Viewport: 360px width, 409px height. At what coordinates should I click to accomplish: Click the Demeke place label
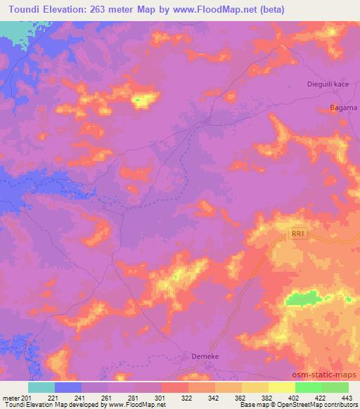205,356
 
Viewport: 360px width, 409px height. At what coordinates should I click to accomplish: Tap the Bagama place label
344,108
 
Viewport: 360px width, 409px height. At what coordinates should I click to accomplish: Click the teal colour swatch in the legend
41,387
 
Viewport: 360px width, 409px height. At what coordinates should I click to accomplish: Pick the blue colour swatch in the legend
67,387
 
